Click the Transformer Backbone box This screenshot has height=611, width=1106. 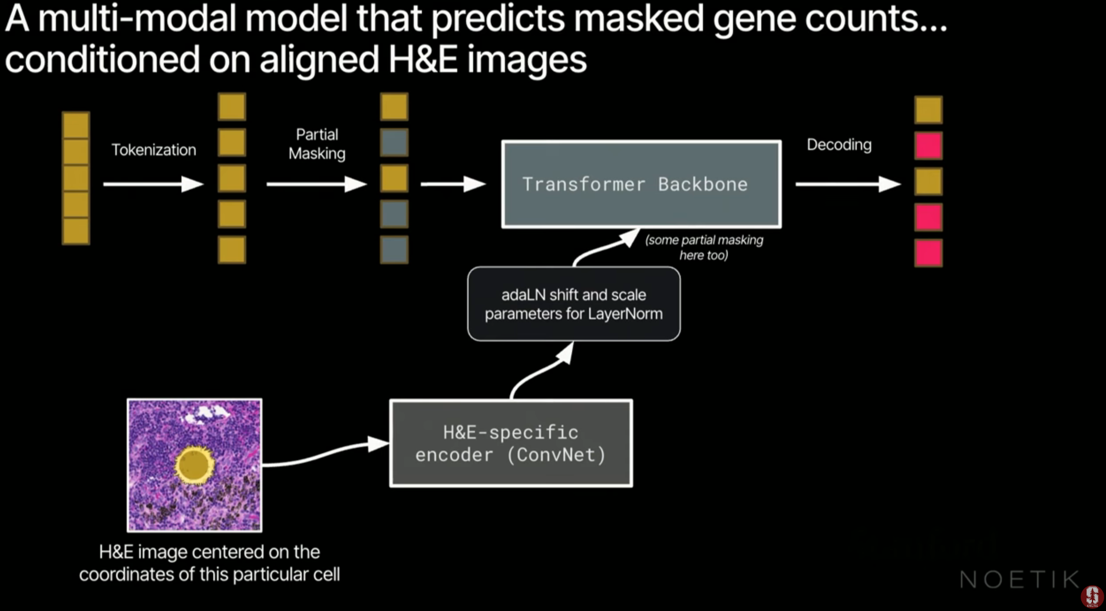[641, 184]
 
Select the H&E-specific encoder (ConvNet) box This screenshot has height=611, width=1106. [511, 443]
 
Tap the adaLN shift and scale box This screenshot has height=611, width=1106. [573, 304]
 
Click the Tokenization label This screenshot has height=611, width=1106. [154, 150]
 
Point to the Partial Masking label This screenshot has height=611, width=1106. [317, 144]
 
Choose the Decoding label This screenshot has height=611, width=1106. [838, 145]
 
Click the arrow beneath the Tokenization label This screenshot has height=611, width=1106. [153, 184]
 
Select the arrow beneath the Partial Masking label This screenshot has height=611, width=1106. [316, 184]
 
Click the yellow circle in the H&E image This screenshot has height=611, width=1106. [194, 465]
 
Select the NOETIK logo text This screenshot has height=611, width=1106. [1019, 580]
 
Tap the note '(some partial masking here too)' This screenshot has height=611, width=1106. [704, 247]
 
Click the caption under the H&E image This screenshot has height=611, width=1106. [209, 563]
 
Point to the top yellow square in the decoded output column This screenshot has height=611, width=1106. [928, 110]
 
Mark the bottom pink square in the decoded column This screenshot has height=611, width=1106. [928, 253]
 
